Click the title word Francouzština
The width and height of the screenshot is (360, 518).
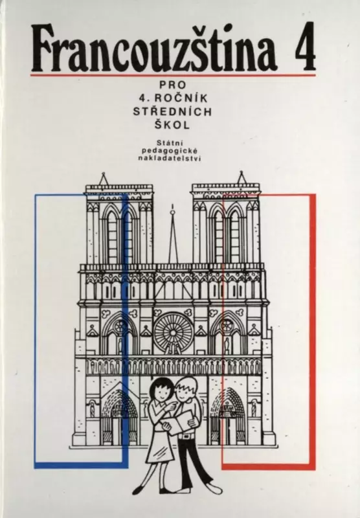[x=153, y=47]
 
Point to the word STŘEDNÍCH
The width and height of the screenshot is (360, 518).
[x=172, y=111]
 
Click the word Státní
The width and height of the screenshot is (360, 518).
[x=170, y=143]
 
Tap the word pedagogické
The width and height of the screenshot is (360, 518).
[x=170, y=151]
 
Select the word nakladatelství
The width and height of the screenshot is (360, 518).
[x=170, y=158]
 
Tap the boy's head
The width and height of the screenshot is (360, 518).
[x=185, y=390]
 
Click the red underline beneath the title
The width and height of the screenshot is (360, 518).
[x=173, y=75]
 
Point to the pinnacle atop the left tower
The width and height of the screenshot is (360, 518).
[x=104, y=179]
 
